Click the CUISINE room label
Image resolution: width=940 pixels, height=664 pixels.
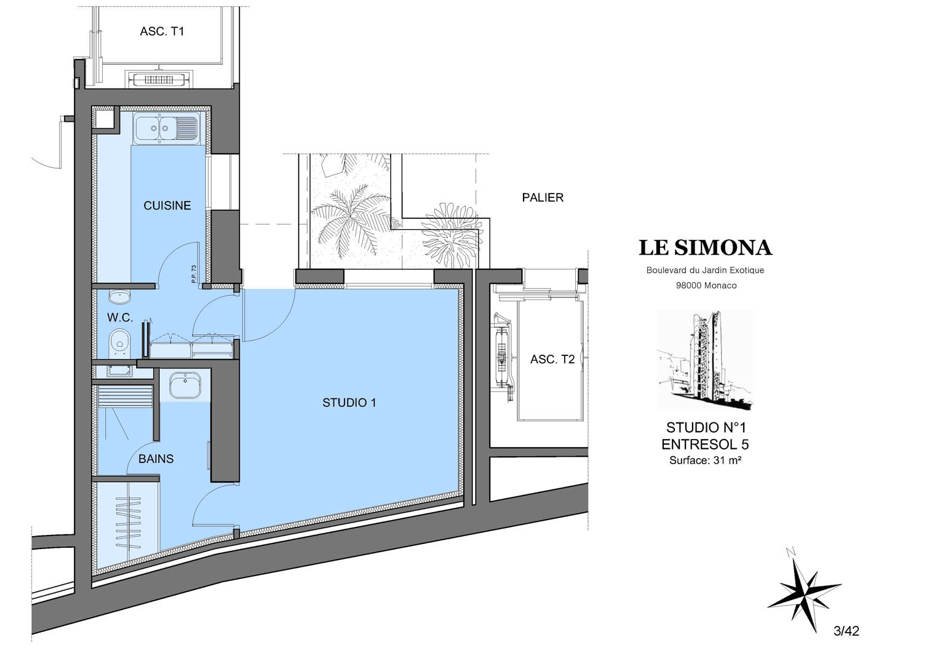[x=167, y=205]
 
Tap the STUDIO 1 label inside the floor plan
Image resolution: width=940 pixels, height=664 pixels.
[x=349, y=403]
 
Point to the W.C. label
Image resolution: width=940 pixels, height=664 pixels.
[x=119, y=317]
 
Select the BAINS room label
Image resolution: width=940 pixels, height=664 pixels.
[x=156, y=459]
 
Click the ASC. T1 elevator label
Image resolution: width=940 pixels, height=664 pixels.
[x=162, y=31]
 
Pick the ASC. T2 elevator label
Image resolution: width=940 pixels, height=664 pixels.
[x=552, y=360]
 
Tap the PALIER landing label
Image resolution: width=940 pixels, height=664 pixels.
[x=543, y=197]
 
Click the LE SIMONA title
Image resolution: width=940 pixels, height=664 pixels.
[x=705, y=248]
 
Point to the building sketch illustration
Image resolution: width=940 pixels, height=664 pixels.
[x=704, y=360]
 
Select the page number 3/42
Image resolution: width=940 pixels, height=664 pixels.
[x=846, y=631]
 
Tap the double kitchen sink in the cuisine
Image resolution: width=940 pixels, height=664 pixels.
[x=166, y=128]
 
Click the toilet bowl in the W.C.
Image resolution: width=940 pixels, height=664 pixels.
[x=119, y=343]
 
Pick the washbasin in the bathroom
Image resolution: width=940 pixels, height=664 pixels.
[x=185, y=385]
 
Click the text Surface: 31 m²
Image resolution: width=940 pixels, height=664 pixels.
[x=705, y=460]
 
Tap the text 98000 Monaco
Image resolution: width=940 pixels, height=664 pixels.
[x=706, y=286]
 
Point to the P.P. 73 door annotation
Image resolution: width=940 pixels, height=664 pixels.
[x=193, y=274]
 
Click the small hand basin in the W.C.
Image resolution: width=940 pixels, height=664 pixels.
[x=119, y=297]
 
